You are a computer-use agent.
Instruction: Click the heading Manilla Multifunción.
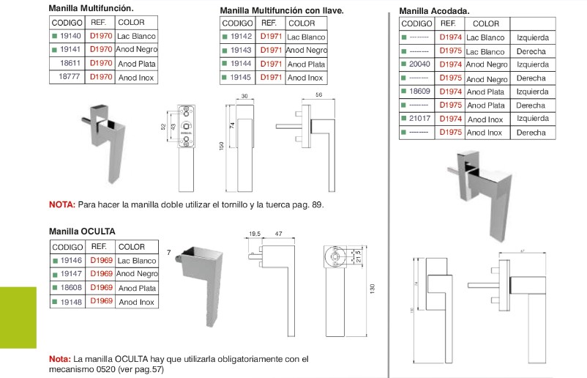tap(91, 7)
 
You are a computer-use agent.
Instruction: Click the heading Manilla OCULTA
tap(82, 231)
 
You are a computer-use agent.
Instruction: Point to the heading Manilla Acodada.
tap(434, 12)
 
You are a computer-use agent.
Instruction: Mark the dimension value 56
tap(319, 95)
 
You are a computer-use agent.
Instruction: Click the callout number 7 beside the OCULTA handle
tap(168, 253)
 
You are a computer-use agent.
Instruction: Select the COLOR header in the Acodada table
tap(482, 23)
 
